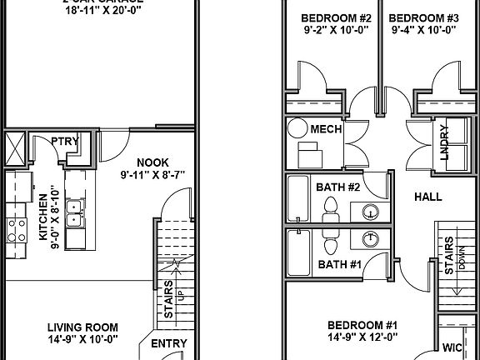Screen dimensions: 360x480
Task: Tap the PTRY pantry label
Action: click(64, 141)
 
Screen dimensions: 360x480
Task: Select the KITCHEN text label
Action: click(43, 217)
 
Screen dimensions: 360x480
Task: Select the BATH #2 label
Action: click(337, 187)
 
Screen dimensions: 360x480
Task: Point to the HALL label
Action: click(427, 197)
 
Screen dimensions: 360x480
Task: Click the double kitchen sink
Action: click(75, 216)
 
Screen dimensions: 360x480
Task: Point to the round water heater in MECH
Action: click(297, 129)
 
